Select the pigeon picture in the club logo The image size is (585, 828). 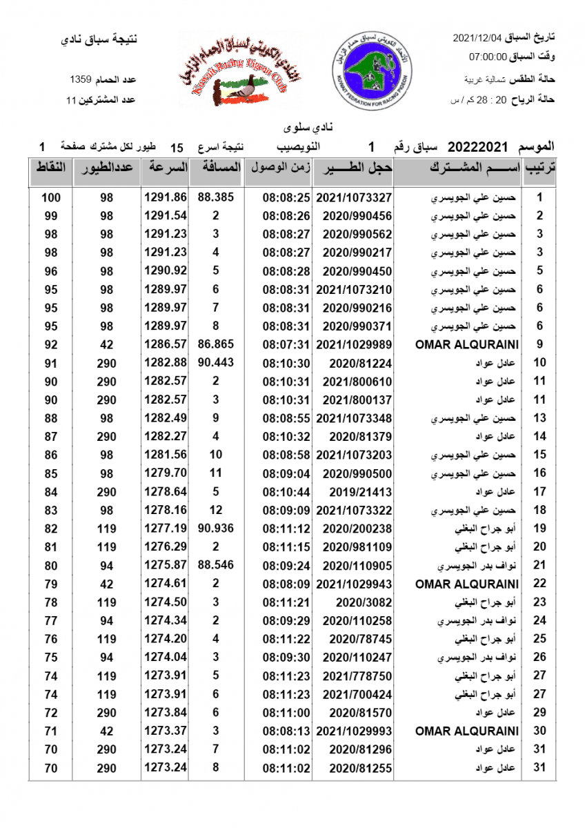pos(237,89)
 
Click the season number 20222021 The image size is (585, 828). pos(478,147)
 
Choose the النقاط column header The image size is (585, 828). pos(50,168)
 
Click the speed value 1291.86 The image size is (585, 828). pos(166,197)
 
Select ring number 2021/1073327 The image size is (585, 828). pos(354,197)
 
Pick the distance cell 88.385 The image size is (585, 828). pos(216,197)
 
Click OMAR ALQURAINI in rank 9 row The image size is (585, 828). pos(467,344)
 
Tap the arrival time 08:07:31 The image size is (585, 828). pos(286,344)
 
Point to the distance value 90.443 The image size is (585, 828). pos(216,363)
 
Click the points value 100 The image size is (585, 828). pos(50,197)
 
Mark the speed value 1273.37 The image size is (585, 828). pos(166,731)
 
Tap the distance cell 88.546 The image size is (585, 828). pos(216,565)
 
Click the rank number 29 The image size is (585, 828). pos(540,713)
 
